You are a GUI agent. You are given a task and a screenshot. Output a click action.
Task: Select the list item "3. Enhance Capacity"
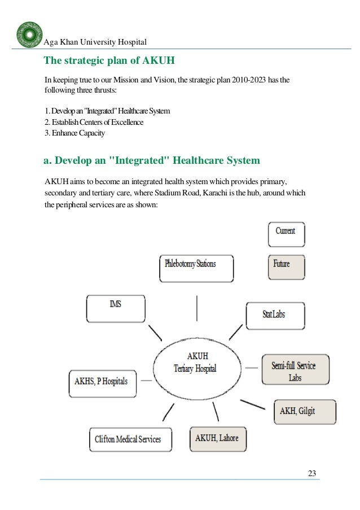click(x=74, y=134)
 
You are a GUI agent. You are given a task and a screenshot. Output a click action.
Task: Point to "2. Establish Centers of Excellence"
click(x=94, y=122)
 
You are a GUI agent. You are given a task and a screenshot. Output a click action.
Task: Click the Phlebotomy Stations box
click(x=196, y=268)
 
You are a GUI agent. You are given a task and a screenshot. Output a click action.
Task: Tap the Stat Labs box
click(x=275, y=313)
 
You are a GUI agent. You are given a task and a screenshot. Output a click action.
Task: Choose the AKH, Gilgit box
click(x=304, y=412)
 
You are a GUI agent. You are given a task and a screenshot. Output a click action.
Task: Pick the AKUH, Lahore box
click(x=217, y=438)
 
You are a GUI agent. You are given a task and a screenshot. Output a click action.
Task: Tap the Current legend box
click(x=286, y=234)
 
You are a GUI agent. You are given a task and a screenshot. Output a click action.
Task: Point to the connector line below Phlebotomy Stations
click(x=196, y=308)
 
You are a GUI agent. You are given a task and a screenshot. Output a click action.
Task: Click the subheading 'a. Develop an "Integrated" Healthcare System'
click(x=152, y=160)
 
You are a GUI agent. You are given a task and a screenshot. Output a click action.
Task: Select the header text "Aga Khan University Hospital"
click(x=95, y=42)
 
